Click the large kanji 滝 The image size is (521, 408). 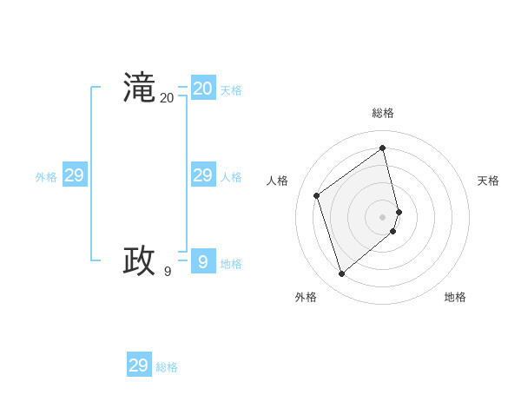point(139,89)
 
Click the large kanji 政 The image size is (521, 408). point(139,261)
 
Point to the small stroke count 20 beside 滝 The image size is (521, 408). point(167,98)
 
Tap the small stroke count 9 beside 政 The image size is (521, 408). point(168,272)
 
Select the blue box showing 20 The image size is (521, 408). point(203,89)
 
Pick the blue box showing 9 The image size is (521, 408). point(203,260)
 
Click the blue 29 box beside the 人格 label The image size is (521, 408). point(203,175)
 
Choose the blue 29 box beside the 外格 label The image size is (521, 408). point(75,175)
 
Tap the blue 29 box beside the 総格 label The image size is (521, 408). point(139,365)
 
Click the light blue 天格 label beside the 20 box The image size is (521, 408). point(231,90)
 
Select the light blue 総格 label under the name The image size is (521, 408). point(167,367)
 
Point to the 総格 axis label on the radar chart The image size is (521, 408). point(383,113)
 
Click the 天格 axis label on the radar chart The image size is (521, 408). point(488,181)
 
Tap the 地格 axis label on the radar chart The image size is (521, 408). point(455,297)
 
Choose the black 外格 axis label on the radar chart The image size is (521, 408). point(306,297)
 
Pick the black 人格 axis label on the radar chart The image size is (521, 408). point(277,181)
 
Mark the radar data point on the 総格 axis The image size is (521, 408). point(383,148)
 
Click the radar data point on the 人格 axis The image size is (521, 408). point(317,195)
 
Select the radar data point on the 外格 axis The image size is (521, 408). point(342,274)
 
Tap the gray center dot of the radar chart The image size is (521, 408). point(383,216)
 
